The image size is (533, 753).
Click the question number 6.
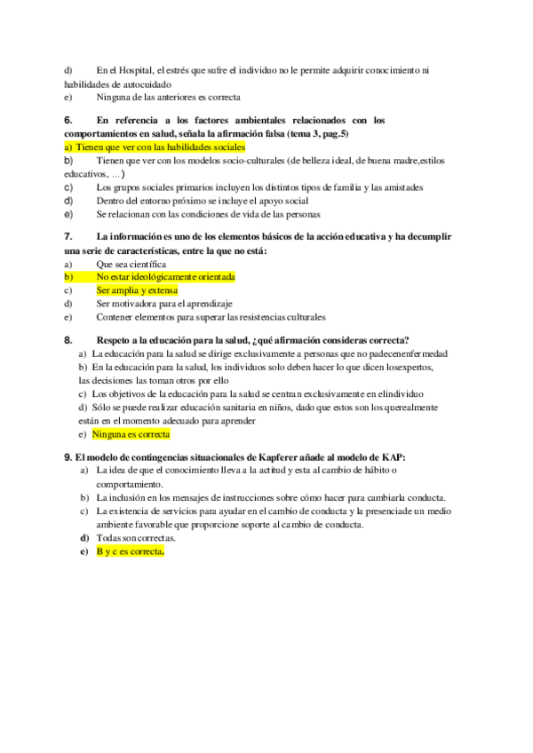tap(68, 120)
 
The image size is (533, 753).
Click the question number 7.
tap(68, 237)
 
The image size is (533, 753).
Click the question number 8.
tap(68, 340)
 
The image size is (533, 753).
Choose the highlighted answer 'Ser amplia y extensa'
tap(137, 290)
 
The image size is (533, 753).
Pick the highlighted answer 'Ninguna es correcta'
tap(131, 434)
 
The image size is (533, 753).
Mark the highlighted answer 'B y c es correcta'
tap(130, 551)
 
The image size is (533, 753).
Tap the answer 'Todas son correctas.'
tap(136, 537)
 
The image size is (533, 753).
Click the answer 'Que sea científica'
tap(131, 264)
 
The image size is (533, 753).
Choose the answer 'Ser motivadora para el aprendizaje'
tap(164, 303)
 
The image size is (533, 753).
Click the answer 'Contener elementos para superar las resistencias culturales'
tap(211, 316)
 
